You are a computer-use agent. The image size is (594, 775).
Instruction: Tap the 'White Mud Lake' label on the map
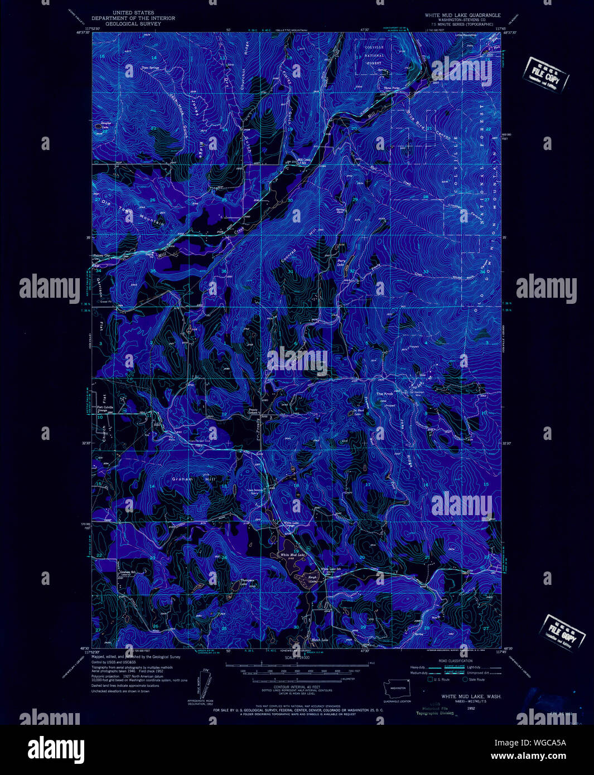(x=292, y=555)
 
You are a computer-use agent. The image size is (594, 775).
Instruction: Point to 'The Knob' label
(x=384, y=394)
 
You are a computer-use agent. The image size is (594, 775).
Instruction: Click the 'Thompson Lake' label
(x=247, y=582)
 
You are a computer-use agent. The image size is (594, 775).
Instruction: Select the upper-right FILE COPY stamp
(x=545, y=75)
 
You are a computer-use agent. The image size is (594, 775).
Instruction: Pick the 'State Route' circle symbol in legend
(x=465, y=679)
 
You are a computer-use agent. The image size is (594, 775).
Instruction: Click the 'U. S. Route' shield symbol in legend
(x=430, y=679)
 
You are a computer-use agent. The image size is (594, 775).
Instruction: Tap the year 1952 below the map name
(x=471, y=708)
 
